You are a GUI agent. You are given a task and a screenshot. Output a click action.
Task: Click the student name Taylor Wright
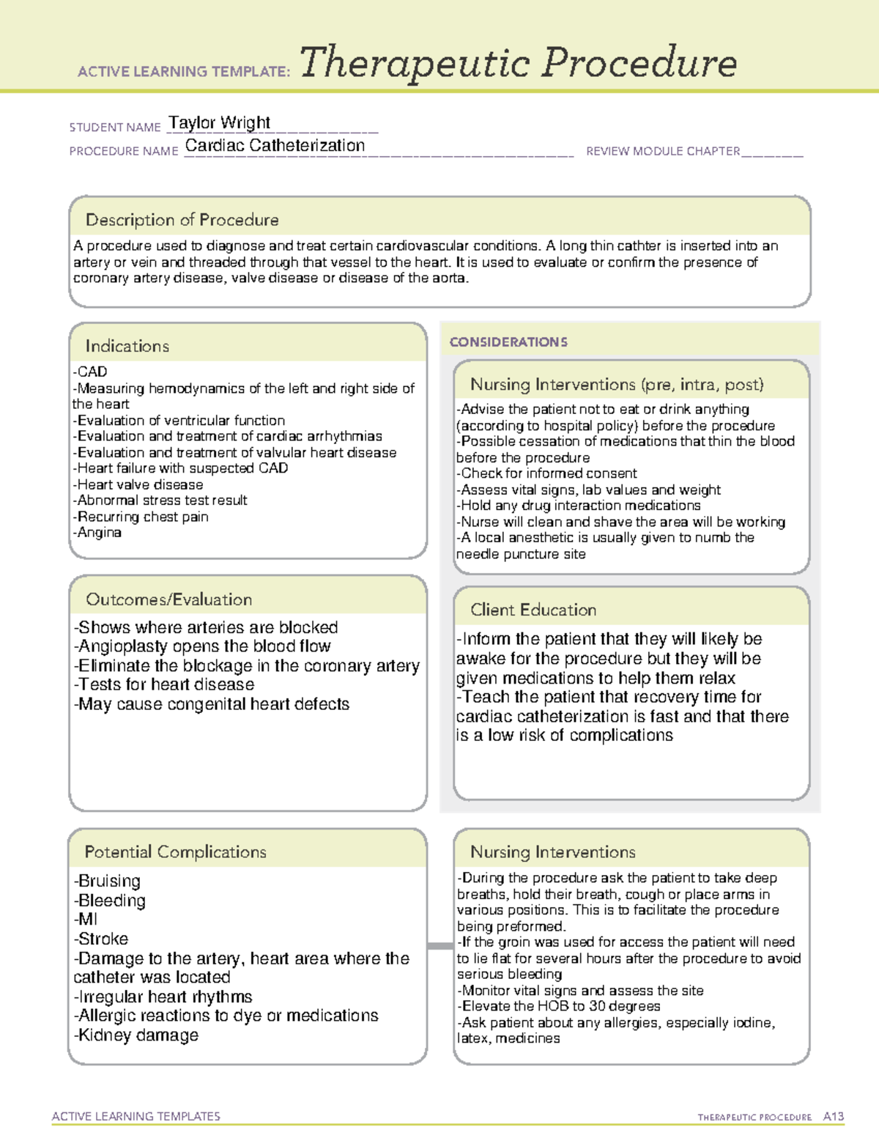[220, 122]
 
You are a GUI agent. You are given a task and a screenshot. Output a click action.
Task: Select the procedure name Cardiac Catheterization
[275, 146]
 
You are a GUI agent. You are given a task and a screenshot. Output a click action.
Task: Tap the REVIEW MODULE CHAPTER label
[663, 152]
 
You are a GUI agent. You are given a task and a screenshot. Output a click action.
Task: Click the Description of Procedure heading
[182, 220]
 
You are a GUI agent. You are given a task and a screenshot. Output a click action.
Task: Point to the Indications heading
[127, 346]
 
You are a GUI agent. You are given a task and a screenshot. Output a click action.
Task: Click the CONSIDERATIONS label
[508, 342]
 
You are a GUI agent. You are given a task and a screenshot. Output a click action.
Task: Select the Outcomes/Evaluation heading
[168, 599]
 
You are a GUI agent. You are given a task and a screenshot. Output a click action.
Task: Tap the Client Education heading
[533, 610]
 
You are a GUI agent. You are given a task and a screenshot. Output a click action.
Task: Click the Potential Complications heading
[175, 852]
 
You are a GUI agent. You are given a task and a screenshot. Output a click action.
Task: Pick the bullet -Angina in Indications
[97, 533]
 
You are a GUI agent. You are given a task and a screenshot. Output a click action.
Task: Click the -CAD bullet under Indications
[90, 372]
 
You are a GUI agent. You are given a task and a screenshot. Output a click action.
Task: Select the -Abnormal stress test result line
[160, 500]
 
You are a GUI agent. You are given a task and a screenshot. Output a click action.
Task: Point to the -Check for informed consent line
[546, 473]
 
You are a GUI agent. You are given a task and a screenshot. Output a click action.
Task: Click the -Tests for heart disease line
[164, 684]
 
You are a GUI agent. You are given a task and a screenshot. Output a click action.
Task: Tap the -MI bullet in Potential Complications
[86, 920]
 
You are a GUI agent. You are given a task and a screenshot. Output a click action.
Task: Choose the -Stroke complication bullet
[101, 939]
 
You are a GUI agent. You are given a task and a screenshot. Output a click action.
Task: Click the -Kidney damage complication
[136, 1035]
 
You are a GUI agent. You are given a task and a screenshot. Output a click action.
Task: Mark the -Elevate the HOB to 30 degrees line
[559, 1006]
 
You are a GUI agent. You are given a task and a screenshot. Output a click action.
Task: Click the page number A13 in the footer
[833, 1117]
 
